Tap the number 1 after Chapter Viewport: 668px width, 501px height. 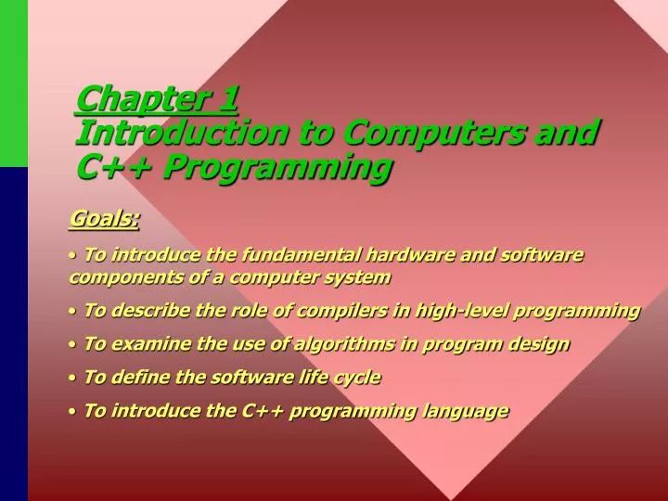click(x=229, y=96)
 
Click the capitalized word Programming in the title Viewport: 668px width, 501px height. click(x=279, y=167)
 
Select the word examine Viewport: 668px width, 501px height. click(x=143, y=344)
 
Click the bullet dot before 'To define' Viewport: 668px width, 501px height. click(x=72, y=379)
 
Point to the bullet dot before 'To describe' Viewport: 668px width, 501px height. click(x=72, y=312)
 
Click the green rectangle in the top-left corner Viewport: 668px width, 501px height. click(x=14, y=83)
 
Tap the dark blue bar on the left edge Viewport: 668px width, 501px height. click(x=14, y=334)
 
